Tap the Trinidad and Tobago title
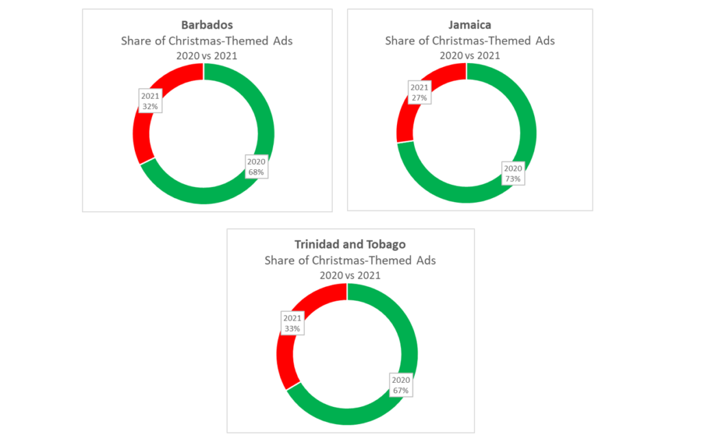pos(350,244)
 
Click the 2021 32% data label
pos(150,101)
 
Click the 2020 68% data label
pos(257,166)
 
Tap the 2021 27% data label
pos(419,92)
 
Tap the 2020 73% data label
pos(513,173)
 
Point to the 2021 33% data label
pos(292,323)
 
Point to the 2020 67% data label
pos(400,385)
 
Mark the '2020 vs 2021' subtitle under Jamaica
pos(470,55)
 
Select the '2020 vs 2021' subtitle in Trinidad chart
pos(350,275)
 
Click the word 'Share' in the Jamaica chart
pos(400,41)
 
